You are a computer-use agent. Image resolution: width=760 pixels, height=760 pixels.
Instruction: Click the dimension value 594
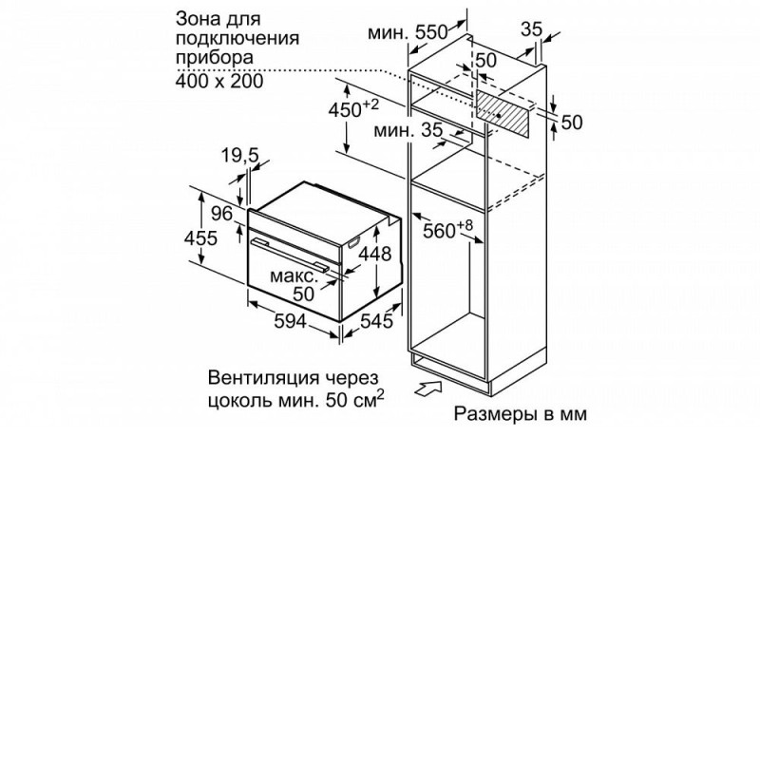[x=290, y=320]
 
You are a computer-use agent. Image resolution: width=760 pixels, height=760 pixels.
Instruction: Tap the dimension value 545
[x=376, y=320]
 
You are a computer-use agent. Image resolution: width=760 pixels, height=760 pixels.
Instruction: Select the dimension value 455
[x=200, y=238]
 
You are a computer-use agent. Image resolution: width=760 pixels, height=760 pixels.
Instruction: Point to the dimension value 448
[x=374, y=254]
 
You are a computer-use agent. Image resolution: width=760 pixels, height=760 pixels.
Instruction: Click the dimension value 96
[x=222, y=213]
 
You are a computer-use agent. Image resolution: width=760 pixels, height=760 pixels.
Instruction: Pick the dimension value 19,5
[x=240, y=156]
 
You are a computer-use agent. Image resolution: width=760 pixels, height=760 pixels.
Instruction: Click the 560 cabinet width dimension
[x=447, y=229]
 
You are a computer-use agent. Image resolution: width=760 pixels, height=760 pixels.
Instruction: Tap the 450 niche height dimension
[x=353, y=109]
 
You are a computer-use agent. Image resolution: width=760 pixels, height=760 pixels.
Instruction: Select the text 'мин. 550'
[x=408, y=33]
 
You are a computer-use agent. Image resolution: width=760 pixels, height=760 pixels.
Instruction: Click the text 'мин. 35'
[x=408, y=130]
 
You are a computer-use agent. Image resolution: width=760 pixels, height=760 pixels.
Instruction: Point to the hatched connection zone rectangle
[x=503, y=114]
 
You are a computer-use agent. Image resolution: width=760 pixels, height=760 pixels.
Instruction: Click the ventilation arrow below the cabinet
[x=428, y=388]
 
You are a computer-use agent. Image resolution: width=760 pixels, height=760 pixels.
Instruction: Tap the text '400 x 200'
[x=219, y=81]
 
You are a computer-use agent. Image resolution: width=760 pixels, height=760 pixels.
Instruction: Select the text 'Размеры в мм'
[x=520, y=413]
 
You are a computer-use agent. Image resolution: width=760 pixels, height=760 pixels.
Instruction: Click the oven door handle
[x=289, y=253]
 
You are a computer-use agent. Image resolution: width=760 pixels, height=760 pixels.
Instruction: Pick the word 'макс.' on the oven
[x=294, y=276]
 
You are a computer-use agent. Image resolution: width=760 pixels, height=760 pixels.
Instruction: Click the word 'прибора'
[x=215, y=58]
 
